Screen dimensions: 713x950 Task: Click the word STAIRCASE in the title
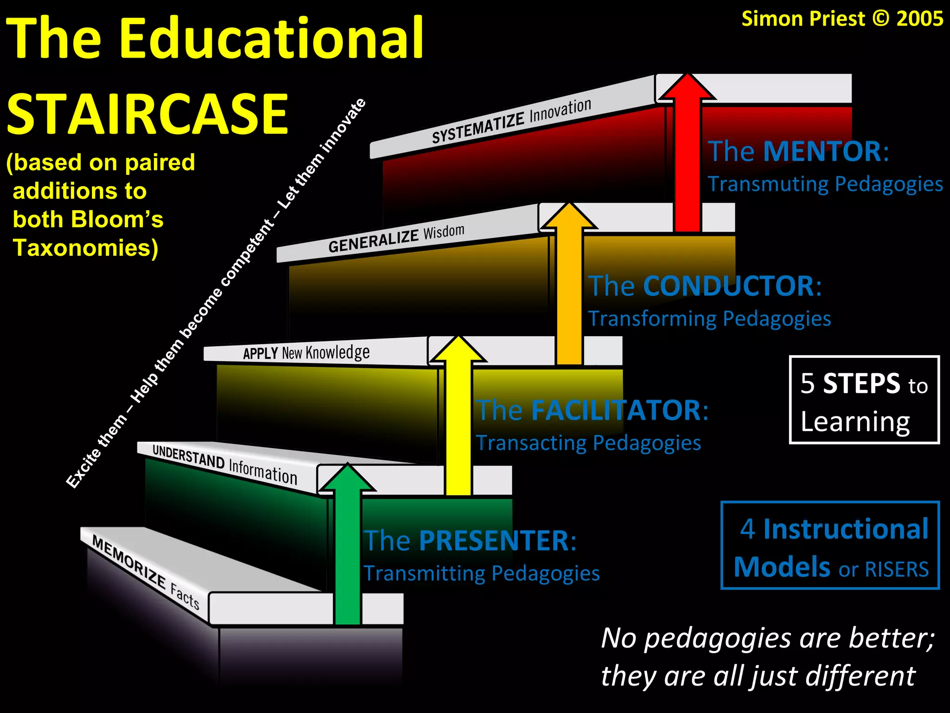148,114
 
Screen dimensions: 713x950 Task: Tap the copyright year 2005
919,19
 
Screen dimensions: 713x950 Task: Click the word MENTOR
822,151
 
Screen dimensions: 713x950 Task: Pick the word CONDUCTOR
728,286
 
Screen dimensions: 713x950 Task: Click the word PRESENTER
494,541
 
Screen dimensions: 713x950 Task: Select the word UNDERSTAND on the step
188,457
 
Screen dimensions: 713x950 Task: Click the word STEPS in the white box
861,384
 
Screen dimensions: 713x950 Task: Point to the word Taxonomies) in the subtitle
85,248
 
